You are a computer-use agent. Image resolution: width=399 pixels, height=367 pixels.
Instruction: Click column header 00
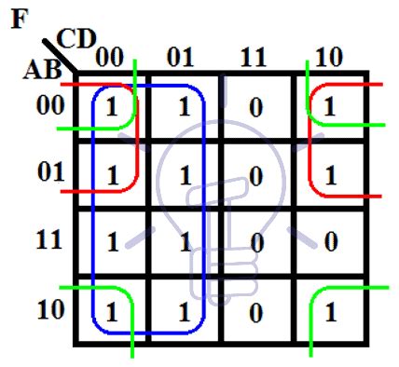[x=109, y=57]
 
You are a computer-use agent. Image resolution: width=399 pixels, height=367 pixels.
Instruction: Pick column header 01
[x=181, y=57]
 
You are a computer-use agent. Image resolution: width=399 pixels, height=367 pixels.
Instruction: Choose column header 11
[x=255, y=57]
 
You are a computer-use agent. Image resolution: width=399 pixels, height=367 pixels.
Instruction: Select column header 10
[x=328, y=57]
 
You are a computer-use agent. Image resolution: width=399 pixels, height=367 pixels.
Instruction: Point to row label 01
[x=48, y=172]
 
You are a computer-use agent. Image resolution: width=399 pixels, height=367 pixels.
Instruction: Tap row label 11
[x=48, y=240]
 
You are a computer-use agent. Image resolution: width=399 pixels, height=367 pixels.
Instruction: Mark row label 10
[x=48, y=309]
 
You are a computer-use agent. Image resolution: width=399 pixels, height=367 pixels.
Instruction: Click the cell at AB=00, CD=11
[x=255, y=107]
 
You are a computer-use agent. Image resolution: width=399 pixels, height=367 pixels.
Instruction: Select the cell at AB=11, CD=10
[x=329, y=243]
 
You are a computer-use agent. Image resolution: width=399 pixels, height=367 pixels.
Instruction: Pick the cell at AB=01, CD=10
[x=329, y=175]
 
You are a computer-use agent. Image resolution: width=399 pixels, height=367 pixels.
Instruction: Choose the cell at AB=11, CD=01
[x=184, y=243]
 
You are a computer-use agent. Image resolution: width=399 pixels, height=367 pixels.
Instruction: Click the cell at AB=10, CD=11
[x=255, y=312]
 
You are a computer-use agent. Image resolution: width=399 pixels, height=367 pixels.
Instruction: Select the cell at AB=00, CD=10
[x=329, y=107]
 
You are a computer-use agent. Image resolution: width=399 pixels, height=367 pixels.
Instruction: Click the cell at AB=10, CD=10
[x=329, y=312]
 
